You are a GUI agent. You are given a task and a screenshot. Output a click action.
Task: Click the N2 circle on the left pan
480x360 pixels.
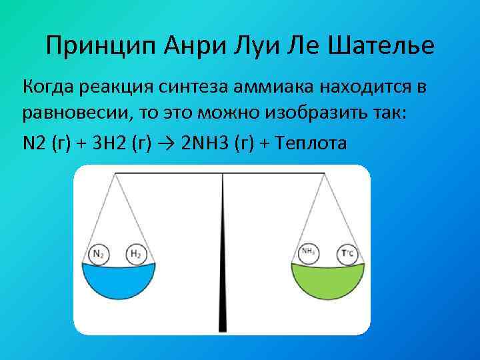click(x=99, y=254)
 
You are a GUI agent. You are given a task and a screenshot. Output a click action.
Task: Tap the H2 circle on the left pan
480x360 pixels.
click(x=135, y=254)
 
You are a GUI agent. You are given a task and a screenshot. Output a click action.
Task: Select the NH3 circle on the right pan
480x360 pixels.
click(x=309, y=253)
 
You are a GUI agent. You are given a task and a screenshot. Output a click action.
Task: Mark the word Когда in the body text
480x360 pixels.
click(x=49, y=87)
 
